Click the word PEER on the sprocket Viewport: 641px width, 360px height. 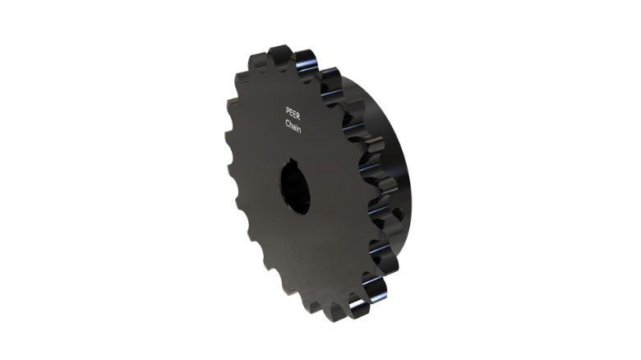pyautogui.click(x=294, y=111)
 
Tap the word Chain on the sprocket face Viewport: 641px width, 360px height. pyautogui.click(x=293, y=125)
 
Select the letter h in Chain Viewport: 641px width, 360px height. pyautogui.click(x=291, y=124)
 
